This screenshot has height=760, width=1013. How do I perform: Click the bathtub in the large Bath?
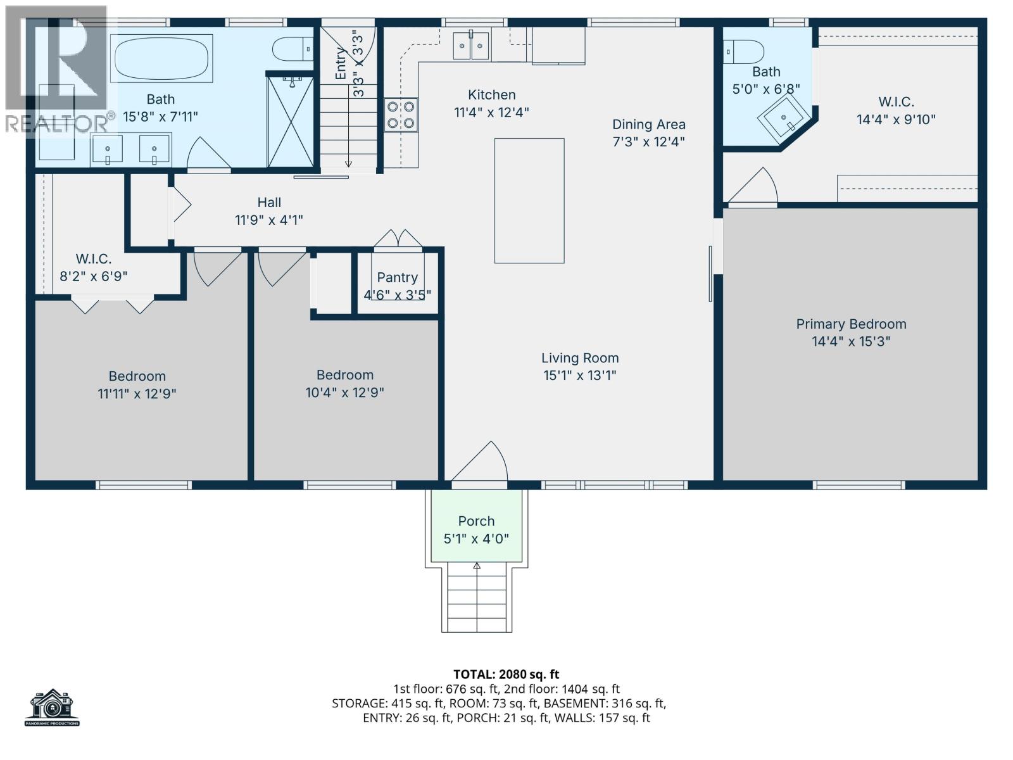click(x=161, y=58)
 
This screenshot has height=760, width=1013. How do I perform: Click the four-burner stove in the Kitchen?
click(x=401, y=115)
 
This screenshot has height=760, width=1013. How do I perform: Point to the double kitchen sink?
click(x=471, y=46)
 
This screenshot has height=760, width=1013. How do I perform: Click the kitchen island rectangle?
click(x=529, y=200)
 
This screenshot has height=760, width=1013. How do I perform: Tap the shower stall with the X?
click(x=291, y=122)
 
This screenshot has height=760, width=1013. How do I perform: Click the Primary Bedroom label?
click(x=851, y=324)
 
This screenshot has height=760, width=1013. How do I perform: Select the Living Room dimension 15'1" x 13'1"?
click(x=579, y=375)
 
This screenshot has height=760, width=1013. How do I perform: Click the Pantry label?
click(x=397, y=277)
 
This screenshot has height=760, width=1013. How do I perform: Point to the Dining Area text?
click(x=648, y=124)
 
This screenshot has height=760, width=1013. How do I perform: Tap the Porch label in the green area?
click(x=476, y=521)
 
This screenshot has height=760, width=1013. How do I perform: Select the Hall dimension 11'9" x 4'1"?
click(x=269, y=220)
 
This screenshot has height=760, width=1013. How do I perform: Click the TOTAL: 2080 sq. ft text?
click(x=506, y=674)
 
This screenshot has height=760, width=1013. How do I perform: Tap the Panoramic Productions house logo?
click(x=53, y=707)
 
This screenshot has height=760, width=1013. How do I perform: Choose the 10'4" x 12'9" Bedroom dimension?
click(x=344, y=393)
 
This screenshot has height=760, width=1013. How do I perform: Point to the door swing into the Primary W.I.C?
click(x=755, y=187)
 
